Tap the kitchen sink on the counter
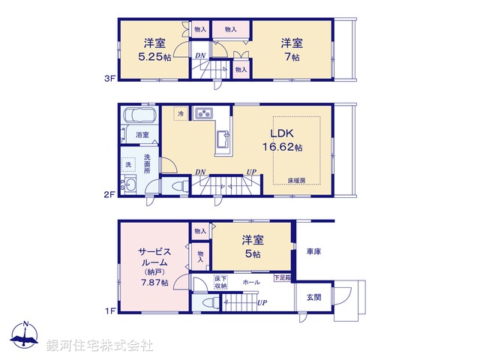(222, 139)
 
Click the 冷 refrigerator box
(180, 113)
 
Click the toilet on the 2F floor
(178, 186)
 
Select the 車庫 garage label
(313, 251)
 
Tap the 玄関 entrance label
(313, 297)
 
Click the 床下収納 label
(220, 282)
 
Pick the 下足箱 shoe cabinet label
(281, 278)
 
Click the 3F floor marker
(109, 77)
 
